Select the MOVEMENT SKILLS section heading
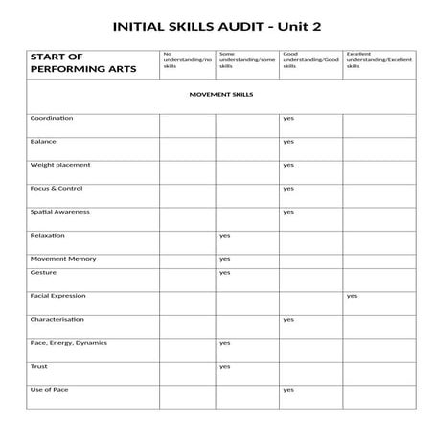coord(221,96)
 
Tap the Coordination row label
coord(52,118)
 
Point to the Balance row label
coord(44,141)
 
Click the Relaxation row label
coord(48,235)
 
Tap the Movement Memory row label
coord(63,258)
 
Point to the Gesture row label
coord(43,272)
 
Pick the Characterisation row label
coord(57,319)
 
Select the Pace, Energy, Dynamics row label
coord(69,342)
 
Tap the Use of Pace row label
coord(50,389)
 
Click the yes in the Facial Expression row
coord(352,296)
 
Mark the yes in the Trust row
coord(225,366)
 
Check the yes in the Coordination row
coord(287,118)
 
